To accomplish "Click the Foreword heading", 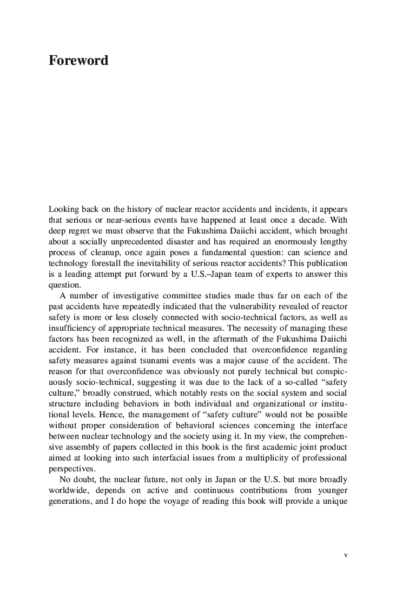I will [78, 61].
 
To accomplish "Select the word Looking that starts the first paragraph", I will [63, 209].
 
